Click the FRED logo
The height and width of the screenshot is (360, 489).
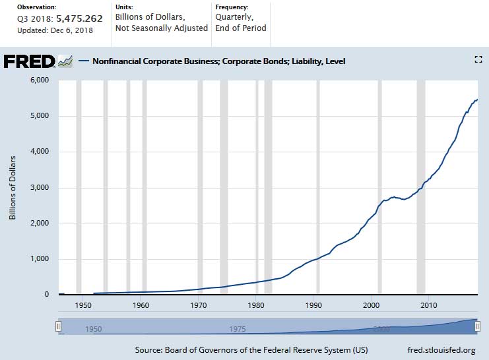[30, 61]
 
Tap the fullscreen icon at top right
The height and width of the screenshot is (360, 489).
[479, 59]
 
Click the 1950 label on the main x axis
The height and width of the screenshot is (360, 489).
[83, 305]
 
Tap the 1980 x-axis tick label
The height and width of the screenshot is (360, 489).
[256, 305]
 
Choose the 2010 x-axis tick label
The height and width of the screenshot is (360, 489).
[429, 305]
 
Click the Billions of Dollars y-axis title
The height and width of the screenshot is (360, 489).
[13, 188]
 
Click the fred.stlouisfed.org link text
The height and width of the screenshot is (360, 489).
[442, 349]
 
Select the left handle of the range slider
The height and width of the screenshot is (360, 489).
[59, 326]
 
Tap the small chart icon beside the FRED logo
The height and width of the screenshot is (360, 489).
[65, 61]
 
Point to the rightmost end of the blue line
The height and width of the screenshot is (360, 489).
[477, 100]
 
